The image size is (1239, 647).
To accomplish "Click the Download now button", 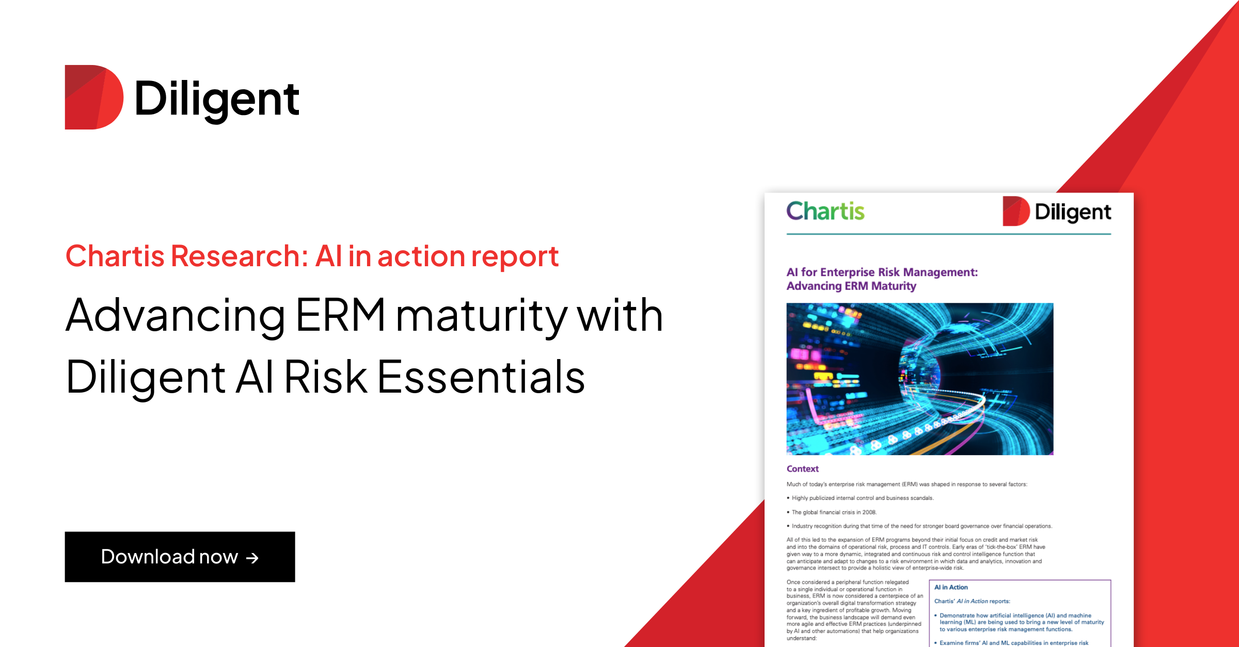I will (180, 557).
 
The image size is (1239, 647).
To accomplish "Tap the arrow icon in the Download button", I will (252, 558).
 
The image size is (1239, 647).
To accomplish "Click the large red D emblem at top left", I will (93, 97).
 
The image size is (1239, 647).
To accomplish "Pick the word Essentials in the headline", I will (481, 377).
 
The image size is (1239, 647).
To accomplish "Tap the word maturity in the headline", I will (481, 316).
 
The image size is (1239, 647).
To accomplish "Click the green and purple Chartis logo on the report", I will (825, 211).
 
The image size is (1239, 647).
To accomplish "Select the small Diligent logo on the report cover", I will (1057, 212).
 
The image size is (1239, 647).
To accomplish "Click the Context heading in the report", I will (802, 468).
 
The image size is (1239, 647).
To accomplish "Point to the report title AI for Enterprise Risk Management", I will (882, 272).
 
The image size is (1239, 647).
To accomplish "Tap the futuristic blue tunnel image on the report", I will (919, 379).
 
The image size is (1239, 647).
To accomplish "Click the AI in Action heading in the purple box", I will (951, 587).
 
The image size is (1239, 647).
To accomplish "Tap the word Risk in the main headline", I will (325, 377).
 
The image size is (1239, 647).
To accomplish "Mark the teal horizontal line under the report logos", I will (948, 234).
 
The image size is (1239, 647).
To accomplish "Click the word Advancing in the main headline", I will (176, 316).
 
